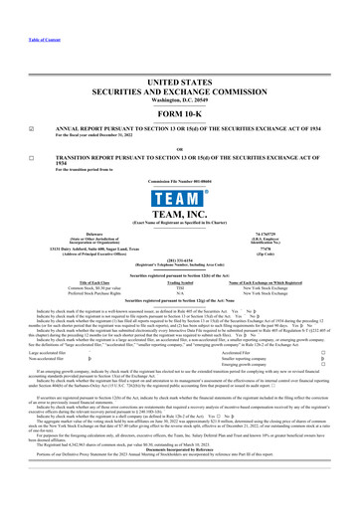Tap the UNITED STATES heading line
[x=179, y=52]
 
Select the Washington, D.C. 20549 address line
[x=179, y=73]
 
